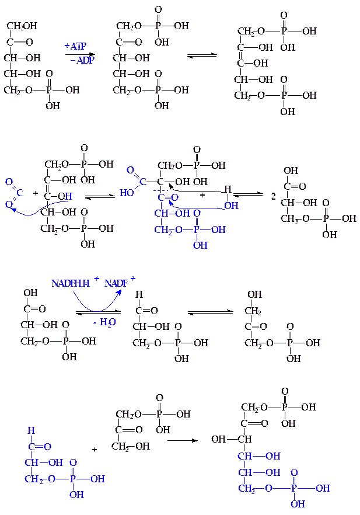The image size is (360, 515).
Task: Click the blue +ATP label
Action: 76,46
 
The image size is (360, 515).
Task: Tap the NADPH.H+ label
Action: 71,284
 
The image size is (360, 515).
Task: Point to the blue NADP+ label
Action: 117,284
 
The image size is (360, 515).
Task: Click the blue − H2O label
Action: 104,322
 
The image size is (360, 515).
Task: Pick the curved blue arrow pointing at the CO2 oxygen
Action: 35,210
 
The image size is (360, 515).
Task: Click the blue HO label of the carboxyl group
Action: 127,192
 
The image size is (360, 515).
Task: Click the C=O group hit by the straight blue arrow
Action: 167,197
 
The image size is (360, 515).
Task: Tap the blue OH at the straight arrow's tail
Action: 231,205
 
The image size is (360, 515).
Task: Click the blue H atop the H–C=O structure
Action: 31,431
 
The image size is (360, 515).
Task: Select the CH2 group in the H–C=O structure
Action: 34,479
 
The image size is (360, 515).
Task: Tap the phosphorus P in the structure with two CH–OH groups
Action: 293,488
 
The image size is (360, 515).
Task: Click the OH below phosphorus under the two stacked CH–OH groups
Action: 298,503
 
